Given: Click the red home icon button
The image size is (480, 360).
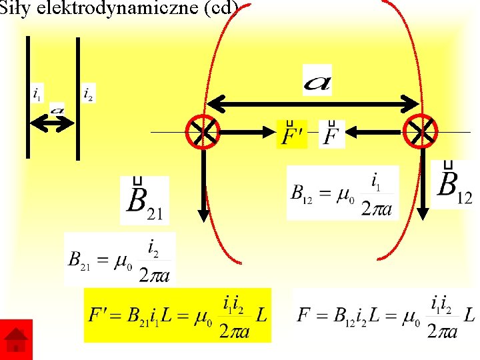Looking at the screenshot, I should click(x=16, y=340).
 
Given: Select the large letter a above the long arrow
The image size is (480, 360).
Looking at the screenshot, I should click(x=317, y=81).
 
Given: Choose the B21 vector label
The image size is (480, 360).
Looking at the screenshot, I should click(x=145, y=200).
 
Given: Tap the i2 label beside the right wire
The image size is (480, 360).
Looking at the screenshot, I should click(x=88, y=94).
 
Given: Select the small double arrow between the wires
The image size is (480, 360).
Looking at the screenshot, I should click(x=52, y=123).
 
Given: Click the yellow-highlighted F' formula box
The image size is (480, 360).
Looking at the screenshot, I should click(x=177, y=315).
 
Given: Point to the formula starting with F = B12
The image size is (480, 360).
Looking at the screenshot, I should click(x=385, y=315).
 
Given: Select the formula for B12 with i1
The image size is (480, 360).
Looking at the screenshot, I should click(x=343, y=193).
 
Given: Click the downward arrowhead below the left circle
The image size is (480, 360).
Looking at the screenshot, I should click(x=203, y=214).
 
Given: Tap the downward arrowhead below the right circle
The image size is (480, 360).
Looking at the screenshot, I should click(x=422, y=213).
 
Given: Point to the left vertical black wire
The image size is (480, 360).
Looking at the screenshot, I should click(x=28, y=97).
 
